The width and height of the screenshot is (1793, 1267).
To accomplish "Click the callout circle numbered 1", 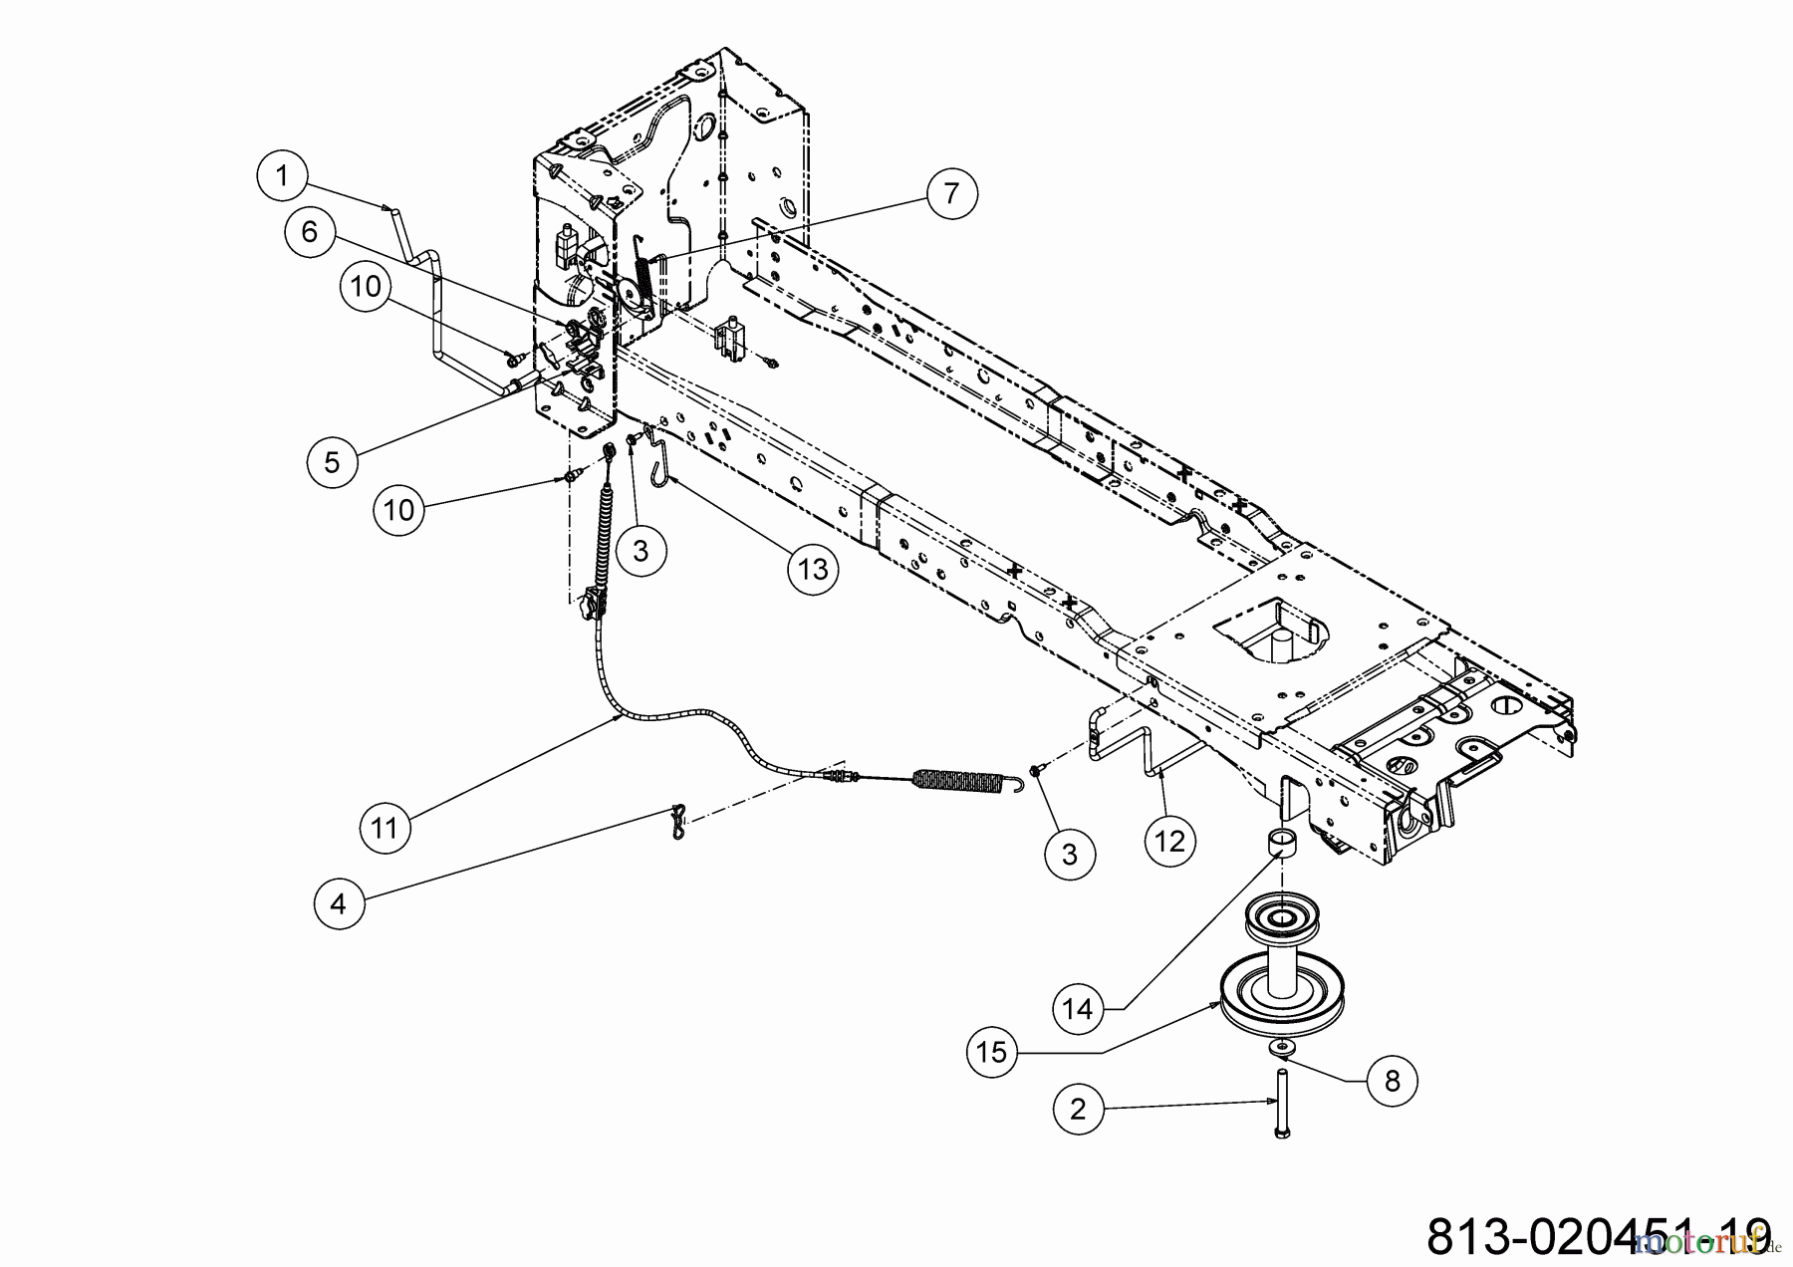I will (x=281, y=176).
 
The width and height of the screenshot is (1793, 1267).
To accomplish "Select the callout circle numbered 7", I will (x=951, y=193).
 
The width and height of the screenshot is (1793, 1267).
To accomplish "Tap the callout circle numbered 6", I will (x=309, y=232).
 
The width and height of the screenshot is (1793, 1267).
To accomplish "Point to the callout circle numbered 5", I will (x=332, y=461).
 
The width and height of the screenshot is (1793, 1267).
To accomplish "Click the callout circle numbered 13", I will (x=813, y=569).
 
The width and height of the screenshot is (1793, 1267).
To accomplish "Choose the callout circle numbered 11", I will (x=384, y=827).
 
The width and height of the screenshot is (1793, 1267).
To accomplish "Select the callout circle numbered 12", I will (x=1169, y=841).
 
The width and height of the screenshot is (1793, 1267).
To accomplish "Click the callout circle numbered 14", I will (x=1077, y=1009).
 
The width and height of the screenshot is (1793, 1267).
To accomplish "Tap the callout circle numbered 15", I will (x=992, y=1052).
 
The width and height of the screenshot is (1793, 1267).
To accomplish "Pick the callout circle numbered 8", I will (x=1392, y=1081).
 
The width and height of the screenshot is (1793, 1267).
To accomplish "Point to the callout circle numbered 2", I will (x=1078, y=1109).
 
